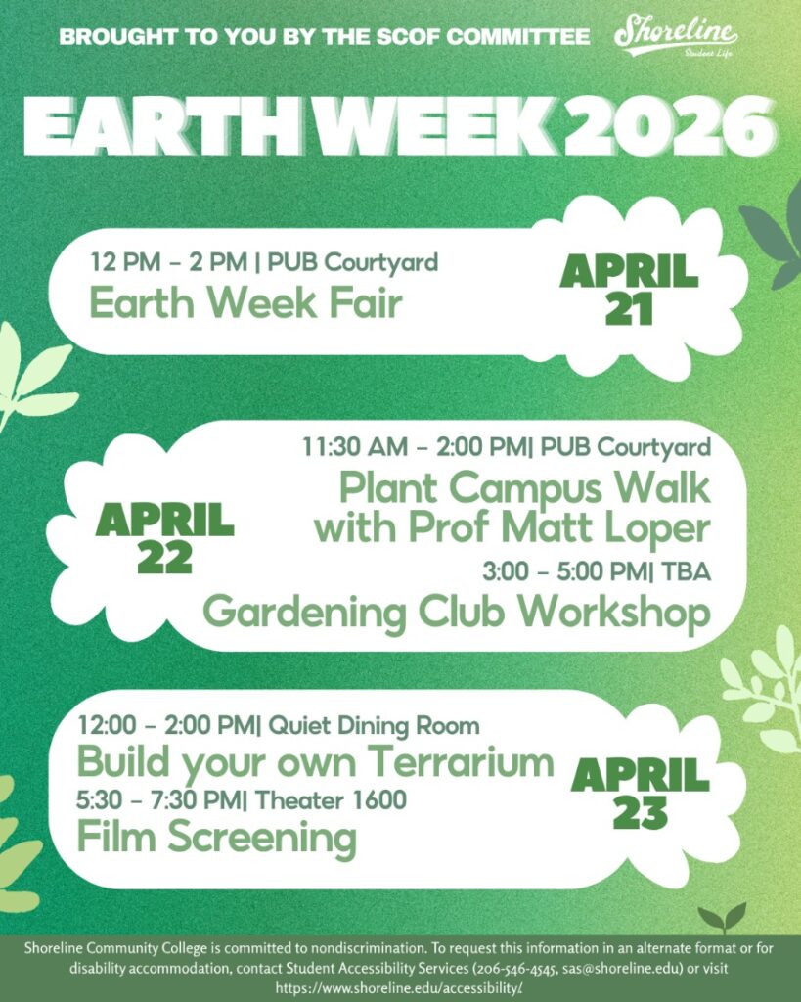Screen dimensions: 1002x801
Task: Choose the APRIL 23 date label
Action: [x=641, y=794]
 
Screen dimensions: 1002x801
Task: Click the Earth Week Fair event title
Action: [x=245, y=302]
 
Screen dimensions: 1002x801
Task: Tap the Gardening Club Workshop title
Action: [x=456, y=613]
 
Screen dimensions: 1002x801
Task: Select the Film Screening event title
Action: [x=216, y=838]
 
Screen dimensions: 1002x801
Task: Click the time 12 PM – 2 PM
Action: [x=170, y=262]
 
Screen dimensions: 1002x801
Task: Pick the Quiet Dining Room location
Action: [x=375, y=725]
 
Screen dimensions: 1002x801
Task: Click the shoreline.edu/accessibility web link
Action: [x=400, y=987]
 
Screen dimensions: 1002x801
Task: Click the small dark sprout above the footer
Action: [x=721, y=919]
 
